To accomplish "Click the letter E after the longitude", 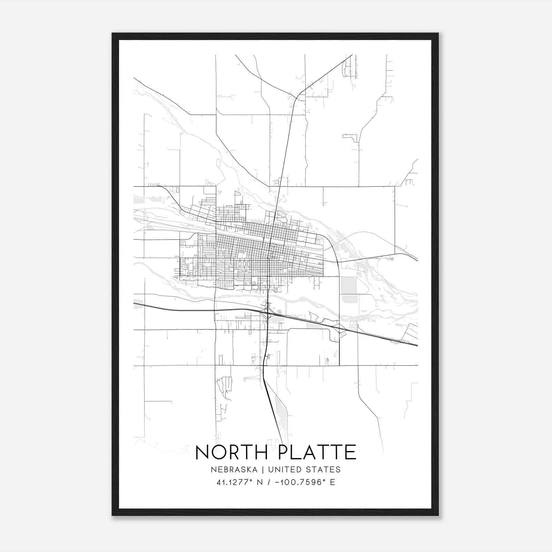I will [333, 482].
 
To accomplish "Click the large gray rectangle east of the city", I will [348, 285].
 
